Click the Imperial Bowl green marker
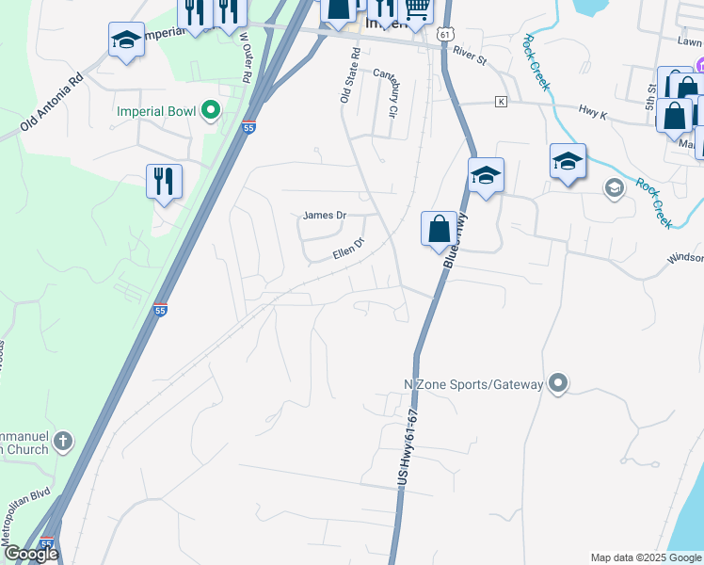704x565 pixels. pos(211,111)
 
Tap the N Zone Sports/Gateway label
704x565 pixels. pos(473,384)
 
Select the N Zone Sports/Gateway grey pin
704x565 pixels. pos(559,382)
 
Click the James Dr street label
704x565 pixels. pos(324,216)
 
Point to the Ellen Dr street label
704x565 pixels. pos(347,250)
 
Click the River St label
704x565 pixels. pos(468,56)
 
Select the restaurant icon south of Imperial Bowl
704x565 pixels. pos(164,179)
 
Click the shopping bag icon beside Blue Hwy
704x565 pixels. pos(439,228)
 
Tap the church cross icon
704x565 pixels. pos(62,440)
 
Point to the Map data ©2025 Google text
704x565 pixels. pos(645,557)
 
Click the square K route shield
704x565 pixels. pos(501,101)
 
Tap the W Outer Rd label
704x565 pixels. pos(248,57)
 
